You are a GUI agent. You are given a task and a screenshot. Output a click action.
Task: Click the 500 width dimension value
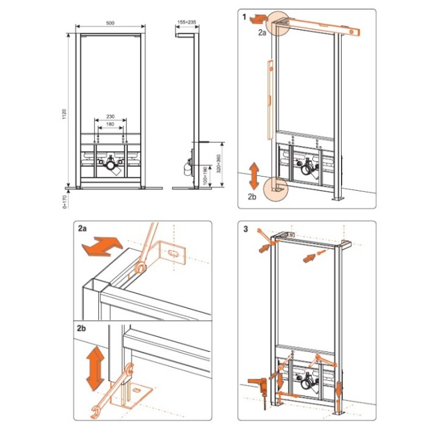tap(110, 23)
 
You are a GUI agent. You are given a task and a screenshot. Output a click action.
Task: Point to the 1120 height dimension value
tap(64, 114)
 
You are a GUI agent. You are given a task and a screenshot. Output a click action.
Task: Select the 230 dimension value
tap(110, 117)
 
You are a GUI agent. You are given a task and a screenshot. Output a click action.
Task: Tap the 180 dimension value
tap(110, 124)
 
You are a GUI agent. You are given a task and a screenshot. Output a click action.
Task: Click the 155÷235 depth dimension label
tap(187, 22)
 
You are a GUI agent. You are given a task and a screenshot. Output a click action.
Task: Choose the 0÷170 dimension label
tap(65, 202)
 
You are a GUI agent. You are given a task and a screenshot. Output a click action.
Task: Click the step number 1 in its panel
tap(244, 17)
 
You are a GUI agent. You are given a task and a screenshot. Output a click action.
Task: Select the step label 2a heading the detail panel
tap(82, 229)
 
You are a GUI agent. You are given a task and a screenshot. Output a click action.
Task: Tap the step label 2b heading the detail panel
tap(81, 328)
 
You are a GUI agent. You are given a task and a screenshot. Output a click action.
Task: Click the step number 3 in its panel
tap(246, 229)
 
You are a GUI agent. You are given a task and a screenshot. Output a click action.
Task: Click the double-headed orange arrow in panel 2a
tap(102, 246)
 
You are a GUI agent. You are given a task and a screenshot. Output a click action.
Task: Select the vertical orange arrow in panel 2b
tap(95, 369)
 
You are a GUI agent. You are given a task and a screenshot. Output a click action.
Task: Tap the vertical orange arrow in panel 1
tap(254, 176)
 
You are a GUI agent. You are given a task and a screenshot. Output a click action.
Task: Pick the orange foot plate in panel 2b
tap(131, 397)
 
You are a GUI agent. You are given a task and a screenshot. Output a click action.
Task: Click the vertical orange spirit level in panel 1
tap(271, 100)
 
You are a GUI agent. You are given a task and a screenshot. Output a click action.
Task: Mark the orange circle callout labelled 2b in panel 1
tap(276, 189)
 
